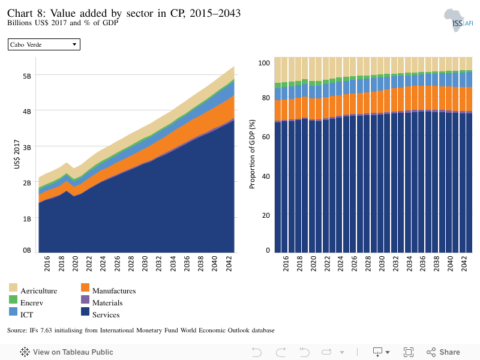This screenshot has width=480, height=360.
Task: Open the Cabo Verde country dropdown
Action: pos(44,44)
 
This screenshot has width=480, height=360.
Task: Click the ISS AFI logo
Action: pos(458,20)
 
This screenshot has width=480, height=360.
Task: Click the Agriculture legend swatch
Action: pos(13,287)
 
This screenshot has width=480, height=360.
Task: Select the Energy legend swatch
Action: pos(13,299)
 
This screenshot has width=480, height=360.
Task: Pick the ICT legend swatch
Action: pos(13,311)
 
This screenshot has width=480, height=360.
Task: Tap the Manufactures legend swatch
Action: pos(85,287)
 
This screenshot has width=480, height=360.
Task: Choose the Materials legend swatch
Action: pos(85,299)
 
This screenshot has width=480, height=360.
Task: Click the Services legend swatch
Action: pos(85,311)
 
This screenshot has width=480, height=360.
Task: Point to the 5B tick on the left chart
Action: pos(27,76)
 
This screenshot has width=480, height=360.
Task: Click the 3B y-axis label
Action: pos(27,148)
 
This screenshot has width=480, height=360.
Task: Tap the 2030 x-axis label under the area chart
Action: pos(145,263)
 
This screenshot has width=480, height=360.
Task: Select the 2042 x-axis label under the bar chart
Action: pos(464,263)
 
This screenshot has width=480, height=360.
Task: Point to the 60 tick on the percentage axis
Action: pos(266,137)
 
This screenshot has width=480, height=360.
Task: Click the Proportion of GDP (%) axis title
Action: pos(252,154)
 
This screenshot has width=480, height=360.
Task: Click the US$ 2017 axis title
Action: pos(17,154)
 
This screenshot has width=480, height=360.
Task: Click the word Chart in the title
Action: pos(20,13)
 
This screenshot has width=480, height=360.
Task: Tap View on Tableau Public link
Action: pos(67,352)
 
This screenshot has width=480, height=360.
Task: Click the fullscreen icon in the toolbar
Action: pos(409,352)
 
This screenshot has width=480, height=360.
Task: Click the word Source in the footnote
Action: pos(17,331)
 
